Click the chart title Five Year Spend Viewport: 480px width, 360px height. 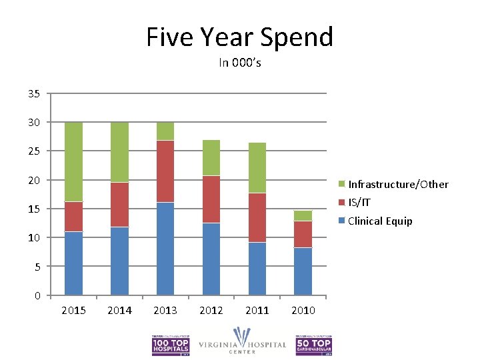point(239,37)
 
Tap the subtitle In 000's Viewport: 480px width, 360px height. point(239,63)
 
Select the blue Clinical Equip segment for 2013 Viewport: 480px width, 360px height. point(165,249)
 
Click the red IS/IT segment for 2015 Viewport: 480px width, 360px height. point(73,217)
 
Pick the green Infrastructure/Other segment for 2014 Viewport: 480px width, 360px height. point(119,152)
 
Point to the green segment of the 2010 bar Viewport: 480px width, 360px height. point(303,215)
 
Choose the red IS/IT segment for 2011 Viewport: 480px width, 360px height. point(257,217)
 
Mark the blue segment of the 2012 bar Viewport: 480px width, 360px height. point(211,259)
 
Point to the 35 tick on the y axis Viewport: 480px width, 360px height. point(34,94)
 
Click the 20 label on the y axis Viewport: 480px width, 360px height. point(34,180)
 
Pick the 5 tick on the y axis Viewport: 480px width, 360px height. point(37,267)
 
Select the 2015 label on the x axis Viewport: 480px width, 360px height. point(73,310)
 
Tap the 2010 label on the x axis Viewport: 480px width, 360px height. point(303,310)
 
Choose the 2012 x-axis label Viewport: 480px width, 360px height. point(211,310)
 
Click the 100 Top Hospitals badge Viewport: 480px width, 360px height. point(171,344)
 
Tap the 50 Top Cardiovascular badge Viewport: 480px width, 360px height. point(313,344)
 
